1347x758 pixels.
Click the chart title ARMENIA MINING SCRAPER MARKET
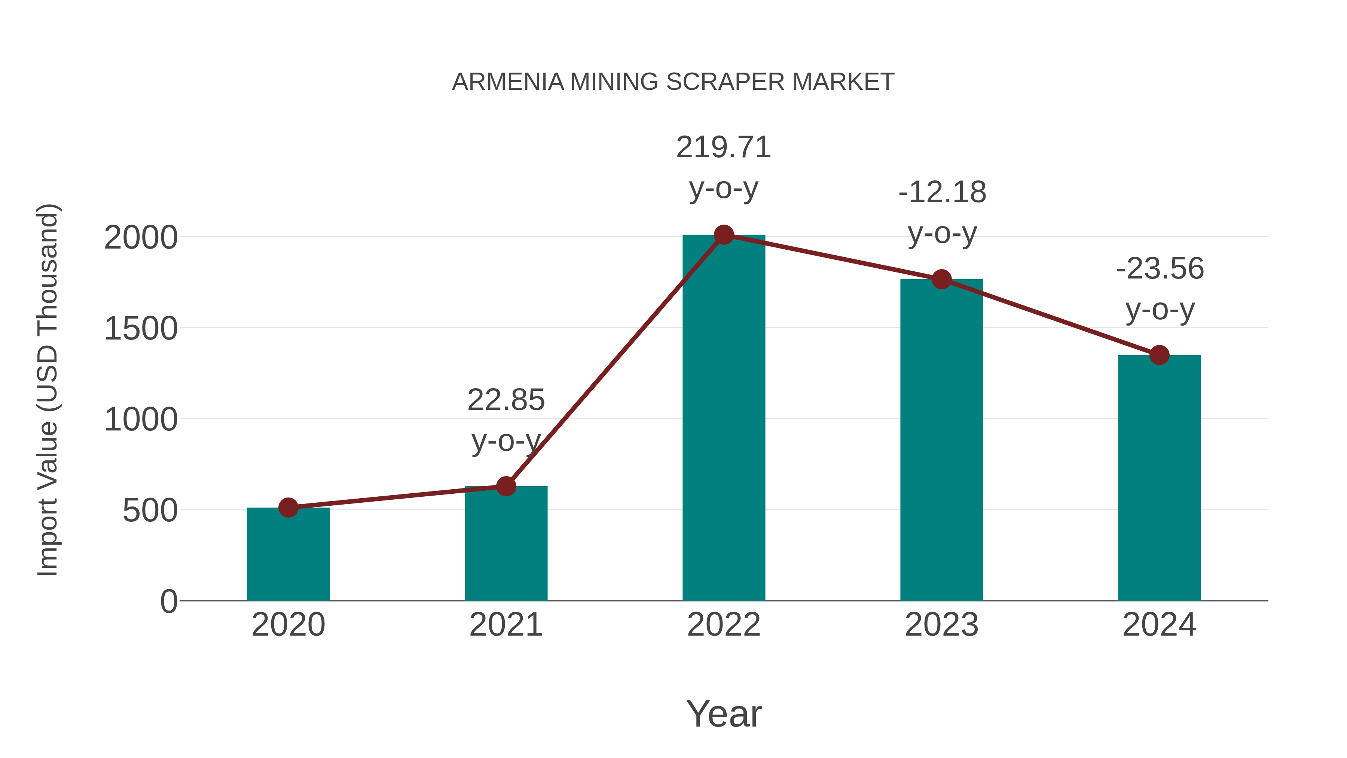[x=673, y=82]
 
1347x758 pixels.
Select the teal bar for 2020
[x=288, y=554]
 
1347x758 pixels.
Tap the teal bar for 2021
[x=505, y=544]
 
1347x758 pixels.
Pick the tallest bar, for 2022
[x=724, y=418]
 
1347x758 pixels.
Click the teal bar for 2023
[x=941, y=439]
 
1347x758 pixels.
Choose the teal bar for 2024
[x=1159, y=479]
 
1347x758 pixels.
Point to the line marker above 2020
[x=288, y=508]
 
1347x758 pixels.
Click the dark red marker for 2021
[x=505, y=487]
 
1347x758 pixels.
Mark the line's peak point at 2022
[x=724, y=235]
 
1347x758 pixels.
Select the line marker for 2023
[x=941, y=279]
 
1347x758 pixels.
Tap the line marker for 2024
[x=1159, y=355]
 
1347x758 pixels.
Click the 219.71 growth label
[x=724, y=147]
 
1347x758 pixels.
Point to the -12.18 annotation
[x=942, y=192]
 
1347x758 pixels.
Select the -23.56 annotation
[x=1160, y=269]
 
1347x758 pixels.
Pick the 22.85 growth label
[x=505, y=400]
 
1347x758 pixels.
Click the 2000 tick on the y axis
[x=141, y=238]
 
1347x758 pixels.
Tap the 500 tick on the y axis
[x=150, y=511]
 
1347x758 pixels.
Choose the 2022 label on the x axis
[x=724, y=625]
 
